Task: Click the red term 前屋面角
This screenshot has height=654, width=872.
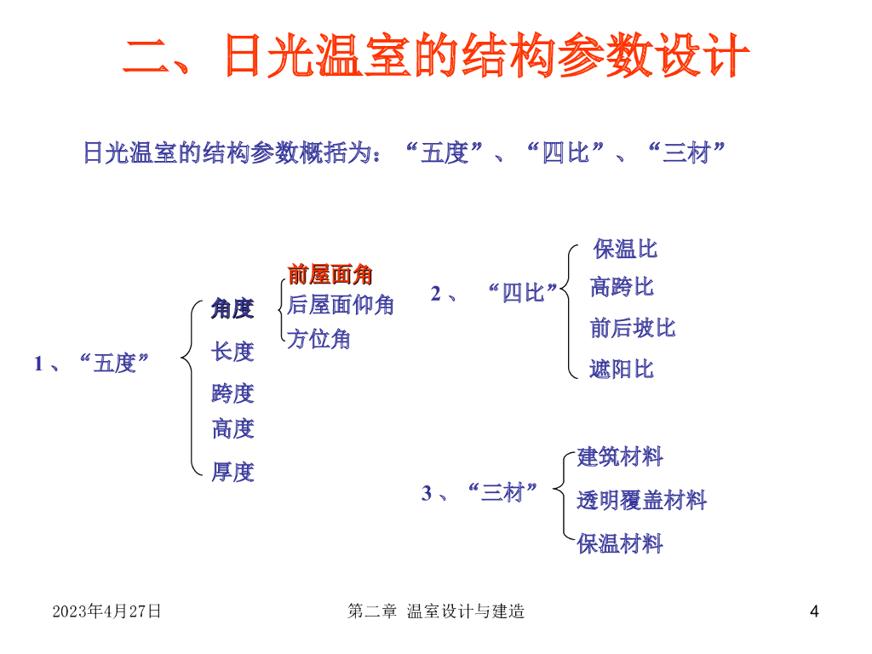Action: point(330,274)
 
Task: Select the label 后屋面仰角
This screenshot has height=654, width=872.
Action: point(341,305)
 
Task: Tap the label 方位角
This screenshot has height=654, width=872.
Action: point(318,339)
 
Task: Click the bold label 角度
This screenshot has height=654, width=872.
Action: point(232,308)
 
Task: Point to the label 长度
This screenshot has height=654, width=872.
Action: point(232,351)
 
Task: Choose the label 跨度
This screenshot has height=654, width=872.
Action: point(232,393)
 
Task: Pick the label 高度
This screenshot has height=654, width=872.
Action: point(232,428)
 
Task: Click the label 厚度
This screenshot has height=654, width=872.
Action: point(232,471)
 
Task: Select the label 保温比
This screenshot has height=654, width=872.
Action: point(626,250)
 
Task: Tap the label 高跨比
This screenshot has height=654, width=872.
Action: point(622,287)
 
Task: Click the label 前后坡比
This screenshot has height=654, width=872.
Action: point(633,328)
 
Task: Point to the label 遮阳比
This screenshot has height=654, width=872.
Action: point(622,369)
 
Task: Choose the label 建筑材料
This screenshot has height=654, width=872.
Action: point(620,457)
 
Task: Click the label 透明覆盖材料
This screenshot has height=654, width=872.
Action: point(641,500)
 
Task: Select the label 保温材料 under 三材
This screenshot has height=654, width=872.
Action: point(620,544)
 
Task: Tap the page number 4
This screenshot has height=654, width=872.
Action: point(814,611)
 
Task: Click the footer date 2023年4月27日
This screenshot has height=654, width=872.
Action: point(106,611)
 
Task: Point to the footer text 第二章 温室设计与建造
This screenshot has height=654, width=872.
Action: point(436,611)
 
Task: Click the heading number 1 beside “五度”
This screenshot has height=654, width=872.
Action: point(38,364)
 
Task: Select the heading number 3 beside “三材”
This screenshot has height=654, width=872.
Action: point(427,493)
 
